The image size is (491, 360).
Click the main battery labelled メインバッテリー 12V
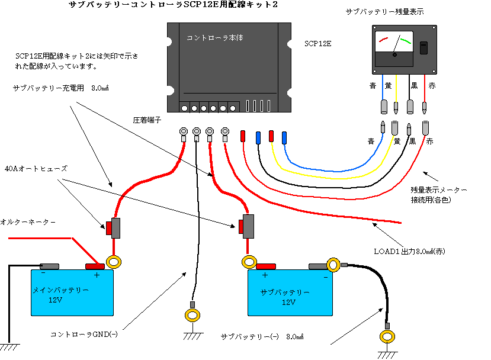pyautogui.click(x=73, y=292)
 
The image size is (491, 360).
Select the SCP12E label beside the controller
pyautogui.click(x=317, y=44)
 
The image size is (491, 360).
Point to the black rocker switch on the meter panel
pyautogui.click(x=423, y=48)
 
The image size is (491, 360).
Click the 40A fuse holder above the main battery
pyautogui.click(x=114, y=227)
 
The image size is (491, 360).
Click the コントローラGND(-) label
pyautogui.click(x=85, y=335)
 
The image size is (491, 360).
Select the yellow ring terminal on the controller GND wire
pyautogui.click(x=192, y=314)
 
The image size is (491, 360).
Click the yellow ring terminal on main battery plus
pyautogui.click(x=113, y=261)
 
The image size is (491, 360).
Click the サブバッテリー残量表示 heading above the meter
pyautogui.click(x=384, y=12)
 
